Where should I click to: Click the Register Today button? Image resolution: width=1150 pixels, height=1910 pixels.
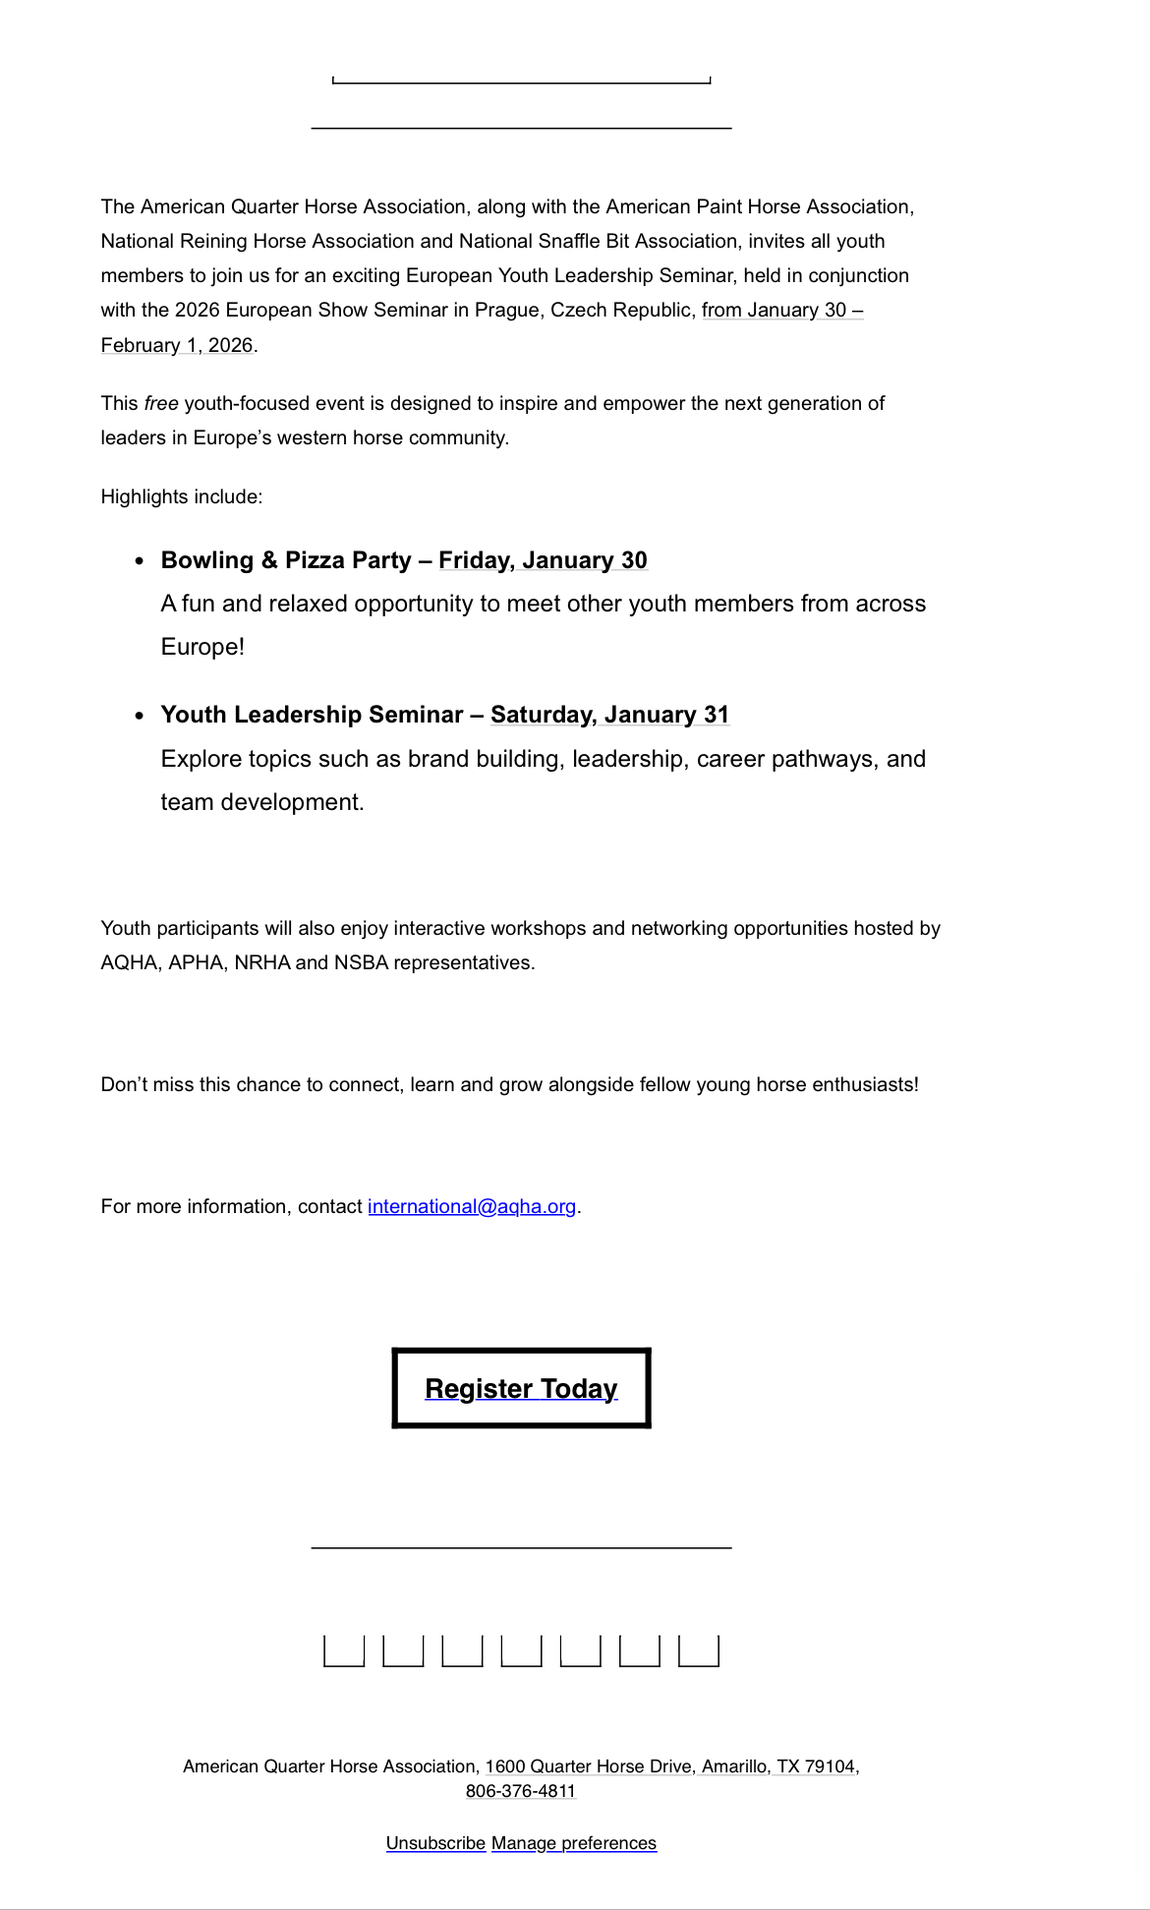pos(521,1388)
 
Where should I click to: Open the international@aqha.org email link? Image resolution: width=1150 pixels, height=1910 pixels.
pos(472,1206)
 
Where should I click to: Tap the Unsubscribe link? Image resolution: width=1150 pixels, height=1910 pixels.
pos(435,1843)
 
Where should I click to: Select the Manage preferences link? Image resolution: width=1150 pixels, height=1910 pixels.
pos(574,1843)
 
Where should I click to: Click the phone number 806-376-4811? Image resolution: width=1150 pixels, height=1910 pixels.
pos(521,1791)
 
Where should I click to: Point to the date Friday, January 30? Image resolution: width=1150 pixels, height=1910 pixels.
pos(543,560)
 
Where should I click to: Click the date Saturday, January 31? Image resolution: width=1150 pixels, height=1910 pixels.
pos(609,715)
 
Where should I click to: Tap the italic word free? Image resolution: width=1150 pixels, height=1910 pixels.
pos(161,403)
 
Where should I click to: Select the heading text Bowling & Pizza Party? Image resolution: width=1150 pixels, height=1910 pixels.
pos(286,560)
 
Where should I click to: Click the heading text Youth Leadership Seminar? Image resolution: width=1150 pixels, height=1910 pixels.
pos(312,715)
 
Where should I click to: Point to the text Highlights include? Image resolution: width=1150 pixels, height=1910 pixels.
pos(182,496)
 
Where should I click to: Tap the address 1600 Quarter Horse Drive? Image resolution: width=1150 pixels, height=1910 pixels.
pos(588,1766)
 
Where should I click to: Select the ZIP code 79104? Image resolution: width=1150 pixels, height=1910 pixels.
pos(830,1766)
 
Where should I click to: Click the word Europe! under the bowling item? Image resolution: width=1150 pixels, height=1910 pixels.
pos(202,647)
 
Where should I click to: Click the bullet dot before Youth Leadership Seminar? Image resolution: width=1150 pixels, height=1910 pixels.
pos(140,716)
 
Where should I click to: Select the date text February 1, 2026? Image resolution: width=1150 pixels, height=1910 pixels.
pos(177,345)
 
